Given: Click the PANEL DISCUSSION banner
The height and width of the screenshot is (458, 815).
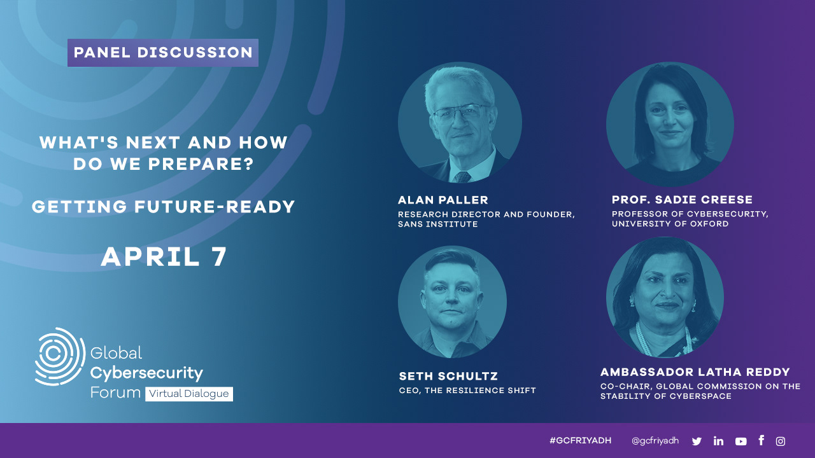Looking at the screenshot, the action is pos(163,53).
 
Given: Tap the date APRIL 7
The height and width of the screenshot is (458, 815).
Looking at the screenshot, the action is pos(164,256).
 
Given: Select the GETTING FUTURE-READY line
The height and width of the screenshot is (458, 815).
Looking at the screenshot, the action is pos(164,207).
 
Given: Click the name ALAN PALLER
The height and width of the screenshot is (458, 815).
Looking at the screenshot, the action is pos(443,200).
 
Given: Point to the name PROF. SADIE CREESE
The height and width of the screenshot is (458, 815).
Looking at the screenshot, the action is pos(682,200).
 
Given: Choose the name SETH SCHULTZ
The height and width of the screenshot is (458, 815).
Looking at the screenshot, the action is pos(448,376).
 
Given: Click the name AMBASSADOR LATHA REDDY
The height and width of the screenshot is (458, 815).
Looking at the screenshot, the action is pos(695,372).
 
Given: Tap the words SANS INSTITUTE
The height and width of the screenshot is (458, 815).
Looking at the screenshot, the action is pos(437,225).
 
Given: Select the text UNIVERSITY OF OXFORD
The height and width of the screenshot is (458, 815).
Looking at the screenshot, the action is pos(670,224).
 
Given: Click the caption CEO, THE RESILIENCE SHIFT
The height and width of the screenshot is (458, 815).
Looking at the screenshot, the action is pos(467,391).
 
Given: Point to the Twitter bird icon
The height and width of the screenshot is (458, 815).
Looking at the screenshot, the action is pos(697,441).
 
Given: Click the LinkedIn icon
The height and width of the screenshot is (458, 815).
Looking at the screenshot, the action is pos(719,441).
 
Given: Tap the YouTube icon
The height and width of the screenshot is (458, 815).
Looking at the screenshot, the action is pos(741,441).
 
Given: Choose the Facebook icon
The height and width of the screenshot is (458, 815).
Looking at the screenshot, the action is pos(761,440).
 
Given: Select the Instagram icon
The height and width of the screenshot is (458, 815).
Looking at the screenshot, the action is pos(781,441).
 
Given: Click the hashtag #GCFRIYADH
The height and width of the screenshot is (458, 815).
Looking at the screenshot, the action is pos(580,441).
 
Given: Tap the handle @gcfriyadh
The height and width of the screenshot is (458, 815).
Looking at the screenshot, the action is pos(655,441).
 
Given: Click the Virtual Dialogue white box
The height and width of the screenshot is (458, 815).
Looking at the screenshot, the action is pos(189,394).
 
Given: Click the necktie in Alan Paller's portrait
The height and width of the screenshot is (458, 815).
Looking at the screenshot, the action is pos(462,177).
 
